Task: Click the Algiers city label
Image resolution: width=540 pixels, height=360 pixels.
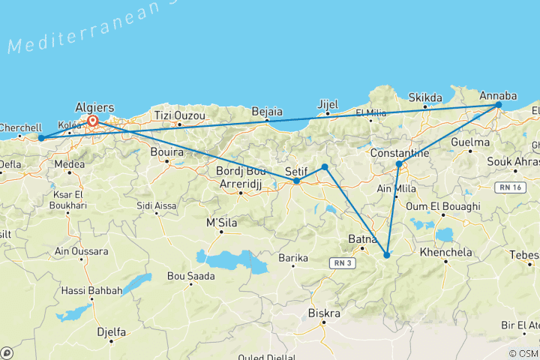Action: coord(94,108)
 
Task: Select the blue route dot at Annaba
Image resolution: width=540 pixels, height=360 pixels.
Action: coord(499,106)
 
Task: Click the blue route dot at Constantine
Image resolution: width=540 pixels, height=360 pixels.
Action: coord(399,163)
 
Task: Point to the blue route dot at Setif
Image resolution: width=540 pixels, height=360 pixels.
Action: coord(297,181)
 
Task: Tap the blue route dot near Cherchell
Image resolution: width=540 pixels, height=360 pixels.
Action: coord(41,138)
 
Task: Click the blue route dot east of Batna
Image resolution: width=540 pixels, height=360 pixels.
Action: coord(386,256)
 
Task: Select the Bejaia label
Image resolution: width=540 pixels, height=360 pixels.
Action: coord(268,112)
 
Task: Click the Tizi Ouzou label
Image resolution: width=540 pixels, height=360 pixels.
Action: coord(174,115)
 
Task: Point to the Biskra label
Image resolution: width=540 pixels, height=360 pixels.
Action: coord(324,313)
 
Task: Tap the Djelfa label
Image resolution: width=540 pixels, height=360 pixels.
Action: coord(111,329)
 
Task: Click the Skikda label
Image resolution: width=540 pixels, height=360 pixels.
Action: coord(424,97)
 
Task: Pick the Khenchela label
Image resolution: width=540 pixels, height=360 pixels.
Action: coord(446,253)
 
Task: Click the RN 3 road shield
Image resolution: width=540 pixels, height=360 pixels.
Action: coord(342,262)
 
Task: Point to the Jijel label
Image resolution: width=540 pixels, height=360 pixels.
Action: coord(328,104)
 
